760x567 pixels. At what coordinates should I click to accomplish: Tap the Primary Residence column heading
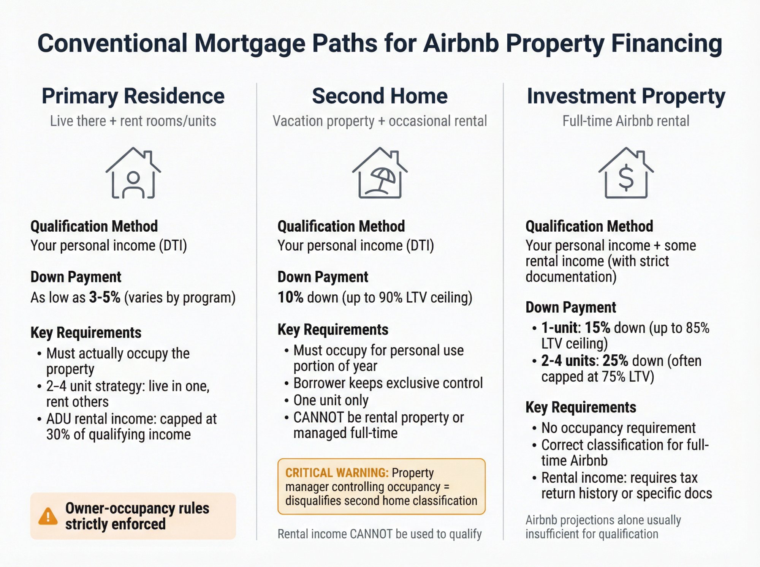[x=133, y=96]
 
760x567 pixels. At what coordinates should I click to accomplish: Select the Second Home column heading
[x=380, y=96]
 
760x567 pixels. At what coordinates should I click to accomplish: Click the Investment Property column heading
[x=626, y=96]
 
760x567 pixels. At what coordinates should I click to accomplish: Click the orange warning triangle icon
[x=48, y=516]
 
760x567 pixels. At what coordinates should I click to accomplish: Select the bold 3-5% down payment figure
[x=104, y=297]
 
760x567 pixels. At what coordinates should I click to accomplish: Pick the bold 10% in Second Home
[x=290, y=297]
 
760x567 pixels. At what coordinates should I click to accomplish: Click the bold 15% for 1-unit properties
[x=597, y=328]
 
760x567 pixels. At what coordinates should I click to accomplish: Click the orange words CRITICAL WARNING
[x=337, y=473]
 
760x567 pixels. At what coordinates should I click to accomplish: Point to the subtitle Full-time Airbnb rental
[x=626, y=121]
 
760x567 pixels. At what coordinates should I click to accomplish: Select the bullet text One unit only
[x=331, y=400]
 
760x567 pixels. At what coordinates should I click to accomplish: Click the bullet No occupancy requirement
[x=618, y=428]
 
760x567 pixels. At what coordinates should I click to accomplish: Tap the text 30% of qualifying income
[x=118, y=434]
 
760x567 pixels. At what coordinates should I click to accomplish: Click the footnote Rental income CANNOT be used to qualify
[x=380, y=534]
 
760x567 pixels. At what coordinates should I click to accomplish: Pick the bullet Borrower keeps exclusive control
[x=388, y=383]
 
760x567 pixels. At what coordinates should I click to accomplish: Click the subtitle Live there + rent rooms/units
[x=133, y=121]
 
